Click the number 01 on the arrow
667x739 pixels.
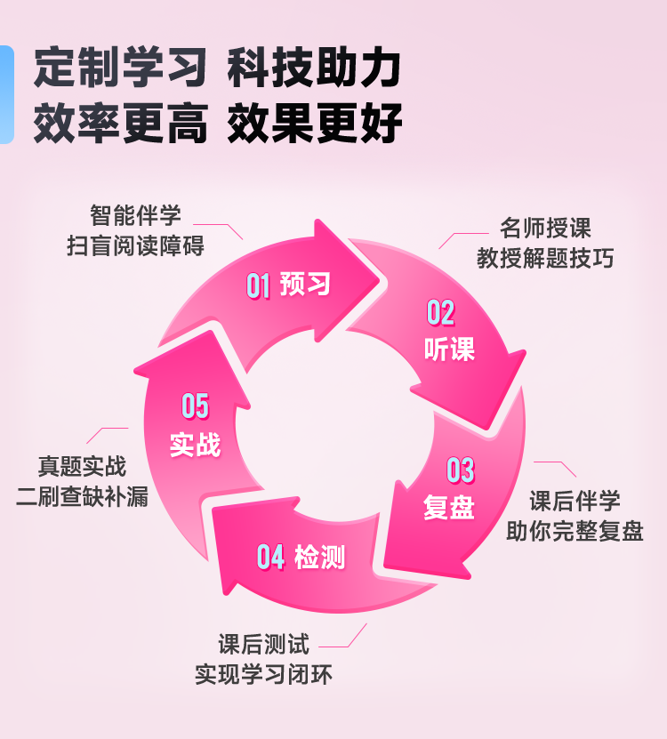258,285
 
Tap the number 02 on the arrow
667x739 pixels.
441,312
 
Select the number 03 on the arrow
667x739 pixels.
461,470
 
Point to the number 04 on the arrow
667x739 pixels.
270,557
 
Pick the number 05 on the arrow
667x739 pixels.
195,406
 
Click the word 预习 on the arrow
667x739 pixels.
305,284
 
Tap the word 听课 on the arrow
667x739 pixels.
449,349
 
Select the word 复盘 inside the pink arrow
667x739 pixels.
449,507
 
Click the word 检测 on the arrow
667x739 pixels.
319,557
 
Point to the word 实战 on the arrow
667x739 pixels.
195,444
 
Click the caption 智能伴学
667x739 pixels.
135,215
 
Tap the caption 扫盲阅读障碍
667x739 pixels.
135,245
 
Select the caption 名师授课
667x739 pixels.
545,229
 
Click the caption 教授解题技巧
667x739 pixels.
545,258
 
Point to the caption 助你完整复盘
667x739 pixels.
575,531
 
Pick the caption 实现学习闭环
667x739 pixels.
263,674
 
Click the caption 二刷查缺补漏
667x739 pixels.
83,496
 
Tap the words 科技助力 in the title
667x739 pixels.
314,68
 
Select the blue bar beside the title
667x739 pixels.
6,94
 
